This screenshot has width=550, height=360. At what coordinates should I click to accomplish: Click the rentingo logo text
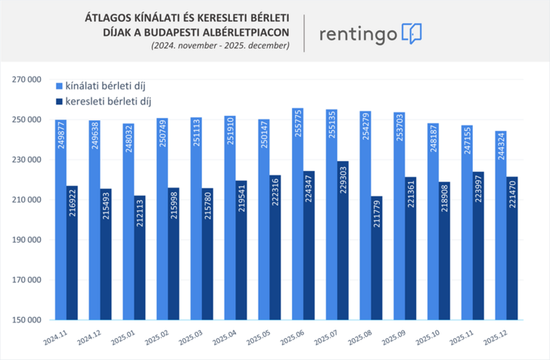[357, 34]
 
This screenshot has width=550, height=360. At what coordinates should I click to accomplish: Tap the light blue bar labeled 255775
[298, 219]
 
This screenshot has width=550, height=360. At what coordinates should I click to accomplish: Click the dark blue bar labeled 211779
[377, 257]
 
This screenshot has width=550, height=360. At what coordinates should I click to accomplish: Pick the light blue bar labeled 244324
[500, 227]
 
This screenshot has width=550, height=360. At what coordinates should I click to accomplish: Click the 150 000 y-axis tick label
[29, 320]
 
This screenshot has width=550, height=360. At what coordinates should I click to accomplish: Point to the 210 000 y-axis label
[29, 200]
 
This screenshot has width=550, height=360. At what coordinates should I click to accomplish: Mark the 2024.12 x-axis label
[86, 334]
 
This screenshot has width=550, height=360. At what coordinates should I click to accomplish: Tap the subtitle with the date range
[220, 46]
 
